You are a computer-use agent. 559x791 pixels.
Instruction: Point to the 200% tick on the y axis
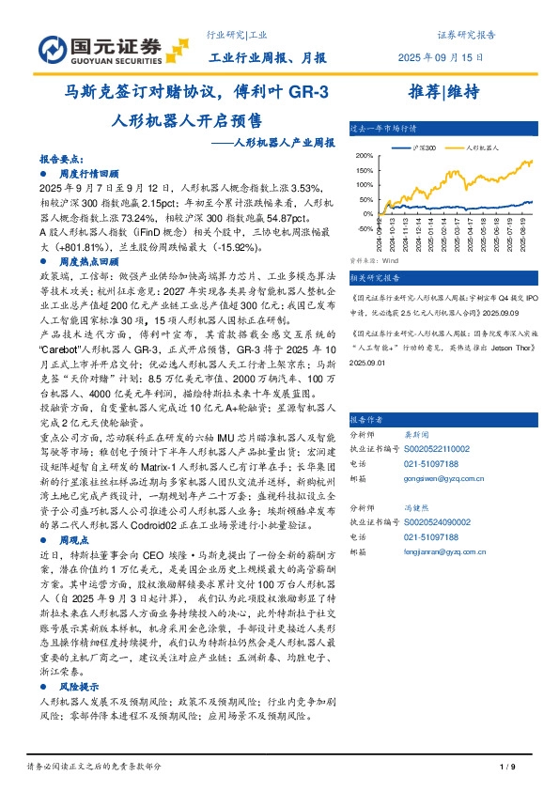[365, 156]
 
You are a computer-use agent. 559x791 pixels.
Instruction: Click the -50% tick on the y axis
[366, 227]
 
